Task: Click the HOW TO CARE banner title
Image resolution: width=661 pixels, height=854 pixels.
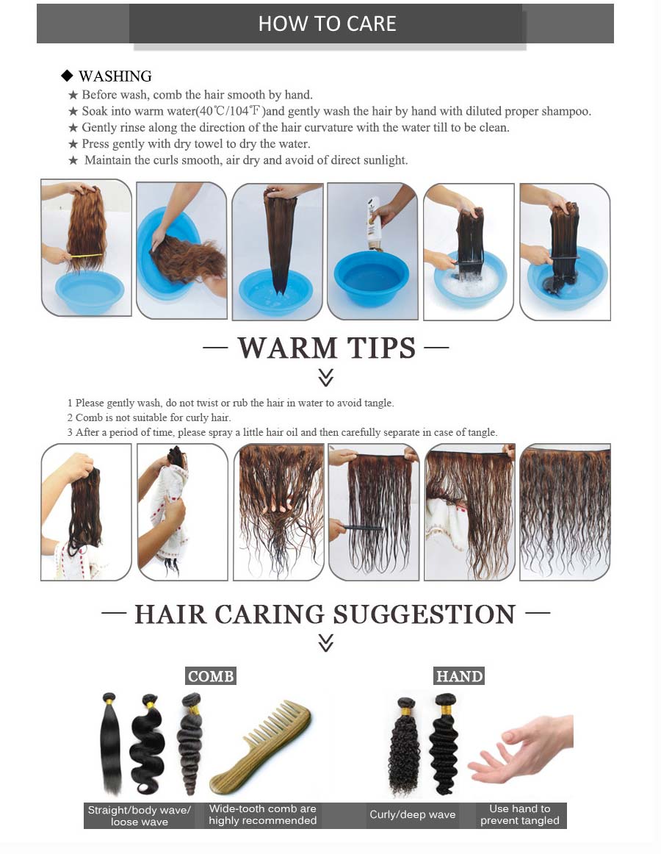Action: click(x=327, y=24)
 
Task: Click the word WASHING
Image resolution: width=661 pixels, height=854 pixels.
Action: click(x=115, y=76)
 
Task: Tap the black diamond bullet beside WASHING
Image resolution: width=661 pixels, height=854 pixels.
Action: click(x=67, y=75)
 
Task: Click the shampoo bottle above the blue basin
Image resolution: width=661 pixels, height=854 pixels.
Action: click(x=374, y=223)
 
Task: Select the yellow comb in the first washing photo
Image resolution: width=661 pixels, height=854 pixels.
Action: click(x=86, y=256)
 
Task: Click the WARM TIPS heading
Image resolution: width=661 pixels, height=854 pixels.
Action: click(x=326, y=348)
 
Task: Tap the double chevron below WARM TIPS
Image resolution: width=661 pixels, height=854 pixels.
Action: click(x=325, y=378)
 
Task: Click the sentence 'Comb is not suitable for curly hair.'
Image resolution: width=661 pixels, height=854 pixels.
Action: click(x=153, y=417)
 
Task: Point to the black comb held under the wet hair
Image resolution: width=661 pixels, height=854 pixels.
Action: click(x=359, y=527)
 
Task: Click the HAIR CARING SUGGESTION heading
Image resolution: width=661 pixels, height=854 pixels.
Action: click(x=325, y=614)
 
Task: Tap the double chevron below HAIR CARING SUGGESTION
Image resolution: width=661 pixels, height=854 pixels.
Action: click(x=325, y=642)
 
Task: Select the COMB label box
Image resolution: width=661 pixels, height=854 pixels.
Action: click(x=211, y=676)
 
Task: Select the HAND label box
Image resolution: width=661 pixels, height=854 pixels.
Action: click(x=460, y=676)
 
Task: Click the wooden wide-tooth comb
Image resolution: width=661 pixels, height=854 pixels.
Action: click(x=260, y=746)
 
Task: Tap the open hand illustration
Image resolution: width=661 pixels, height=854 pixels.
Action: click(x=520, y=749)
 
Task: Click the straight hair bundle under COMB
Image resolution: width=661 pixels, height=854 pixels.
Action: click(x=110, y=743)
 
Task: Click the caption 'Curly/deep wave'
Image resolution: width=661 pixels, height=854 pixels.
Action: click(x=413, y=815)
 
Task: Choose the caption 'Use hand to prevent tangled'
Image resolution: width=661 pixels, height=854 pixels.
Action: click(x=520, y=815)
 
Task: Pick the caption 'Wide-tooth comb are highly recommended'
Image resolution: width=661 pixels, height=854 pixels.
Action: click(x=262, y=815)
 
